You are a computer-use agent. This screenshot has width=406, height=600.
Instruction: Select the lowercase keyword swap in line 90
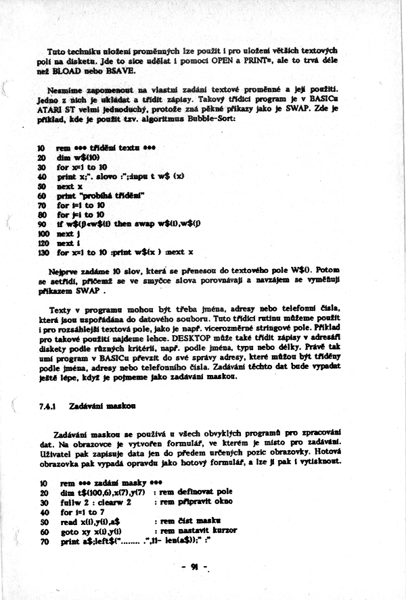157,223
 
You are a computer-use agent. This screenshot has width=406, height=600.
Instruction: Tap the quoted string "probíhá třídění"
114,195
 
